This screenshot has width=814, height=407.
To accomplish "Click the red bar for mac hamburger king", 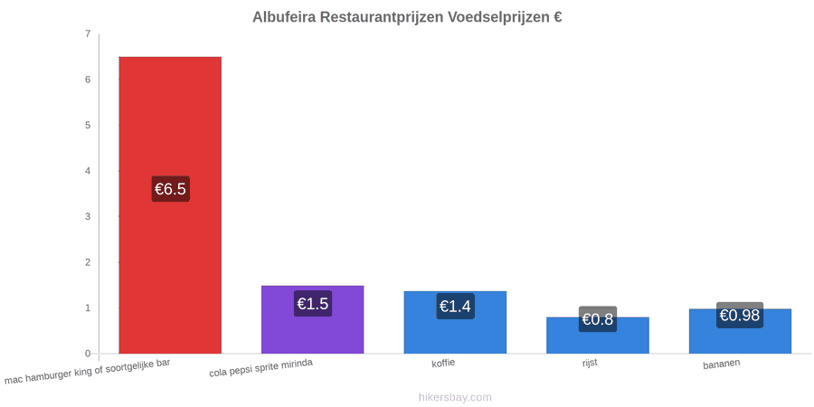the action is [x=170, y=205].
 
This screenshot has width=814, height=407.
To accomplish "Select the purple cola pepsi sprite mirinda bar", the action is [x=313, y=319].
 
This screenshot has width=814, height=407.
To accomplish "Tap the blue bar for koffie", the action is [x=455, y=322].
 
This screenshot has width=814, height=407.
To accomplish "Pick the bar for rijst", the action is [x=598, y=336].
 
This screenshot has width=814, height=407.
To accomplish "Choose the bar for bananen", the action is [x=740, y=331].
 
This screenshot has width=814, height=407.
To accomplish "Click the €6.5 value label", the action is [x=170, y=189].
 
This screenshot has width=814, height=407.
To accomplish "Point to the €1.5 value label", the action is [x=313, y=303].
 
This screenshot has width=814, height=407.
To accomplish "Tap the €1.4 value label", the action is [x=455, y=307].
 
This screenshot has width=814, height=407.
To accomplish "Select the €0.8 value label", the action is [x=598, y=318].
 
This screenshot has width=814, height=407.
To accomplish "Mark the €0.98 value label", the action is [x=740, y=315].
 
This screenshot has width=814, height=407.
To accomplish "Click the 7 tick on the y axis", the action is [x=88, y=34].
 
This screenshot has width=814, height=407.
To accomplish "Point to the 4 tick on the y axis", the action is [x=88, y=171].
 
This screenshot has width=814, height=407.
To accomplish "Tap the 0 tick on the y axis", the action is [x=88, y=354].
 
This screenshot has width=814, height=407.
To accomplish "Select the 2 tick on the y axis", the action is [x=88, y=262].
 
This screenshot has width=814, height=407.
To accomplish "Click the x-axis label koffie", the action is [x=443, y=363].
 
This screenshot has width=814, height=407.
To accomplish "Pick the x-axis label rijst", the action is [x=590, y=363].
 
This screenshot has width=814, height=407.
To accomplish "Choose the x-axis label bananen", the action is [x=722, y=364].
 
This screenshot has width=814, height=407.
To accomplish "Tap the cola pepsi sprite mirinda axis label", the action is [x=261, y=368].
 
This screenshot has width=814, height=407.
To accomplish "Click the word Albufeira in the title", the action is [x=284, y=17].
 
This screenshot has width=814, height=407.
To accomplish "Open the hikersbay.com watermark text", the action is [x=455, y=397].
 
